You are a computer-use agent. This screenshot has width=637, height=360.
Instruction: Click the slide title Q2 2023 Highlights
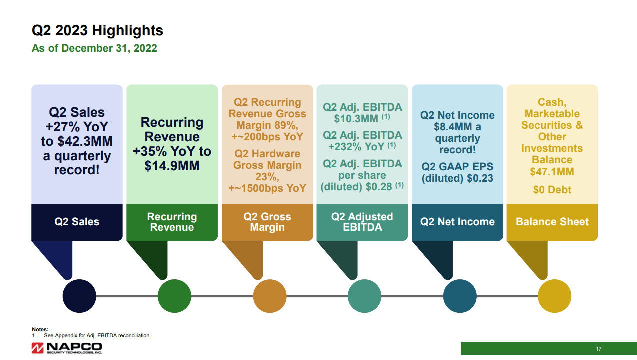coord(97,31)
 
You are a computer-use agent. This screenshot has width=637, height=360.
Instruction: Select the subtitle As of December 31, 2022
coord(94,48)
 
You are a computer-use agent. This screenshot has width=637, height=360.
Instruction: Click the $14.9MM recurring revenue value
coord(172,166)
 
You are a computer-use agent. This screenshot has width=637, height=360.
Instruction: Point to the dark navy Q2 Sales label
coord(77,222)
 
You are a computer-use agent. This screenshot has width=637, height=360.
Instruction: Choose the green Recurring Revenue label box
coord(172,222)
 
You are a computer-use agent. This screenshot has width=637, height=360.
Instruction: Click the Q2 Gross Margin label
coord(267,222)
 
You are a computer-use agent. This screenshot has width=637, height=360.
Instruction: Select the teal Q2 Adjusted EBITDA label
coord(362,222)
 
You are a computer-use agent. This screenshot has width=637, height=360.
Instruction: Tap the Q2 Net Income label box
coord(457,222)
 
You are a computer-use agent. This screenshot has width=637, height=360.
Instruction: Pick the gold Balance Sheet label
coord(552,222)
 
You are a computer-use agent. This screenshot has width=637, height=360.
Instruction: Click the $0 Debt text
coord(552,190)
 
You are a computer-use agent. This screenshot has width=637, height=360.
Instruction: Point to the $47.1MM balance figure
coord(552,172)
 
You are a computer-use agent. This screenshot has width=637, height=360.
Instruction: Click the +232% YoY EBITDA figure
coord(356,147)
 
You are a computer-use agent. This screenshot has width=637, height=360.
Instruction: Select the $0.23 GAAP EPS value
coord(480,178)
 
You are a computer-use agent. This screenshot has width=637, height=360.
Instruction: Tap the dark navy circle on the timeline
coord(79,296)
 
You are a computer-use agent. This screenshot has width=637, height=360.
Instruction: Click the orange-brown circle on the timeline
coord(270,296)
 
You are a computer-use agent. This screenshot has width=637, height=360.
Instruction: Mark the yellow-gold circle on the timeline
coord(554,296)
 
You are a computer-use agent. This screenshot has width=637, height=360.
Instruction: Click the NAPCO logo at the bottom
coord(67,348)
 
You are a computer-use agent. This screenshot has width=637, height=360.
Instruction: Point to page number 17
coord(598,349)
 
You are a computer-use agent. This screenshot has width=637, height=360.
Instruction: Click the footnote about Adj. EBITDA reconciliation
coord(97,335)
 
